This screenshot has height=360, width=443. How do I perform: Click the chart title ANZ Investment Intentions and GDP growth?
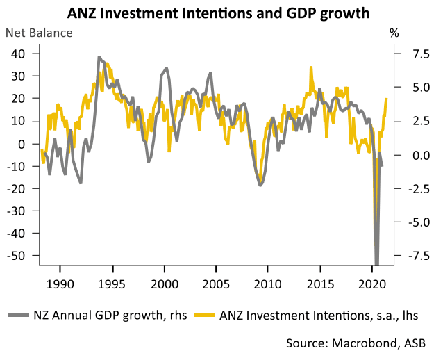pyautogui.click(x=221, y=13)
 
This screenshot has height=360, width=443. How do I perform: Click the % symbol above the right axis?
pyautogui.click(x=394, y=33)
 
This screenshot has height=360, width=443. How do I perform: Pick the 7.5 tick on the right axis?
pyautogui.click(x=412, y=54)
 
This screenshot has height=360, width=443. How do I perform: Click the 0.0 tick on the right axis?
pyautogui.click(x=412, y=155)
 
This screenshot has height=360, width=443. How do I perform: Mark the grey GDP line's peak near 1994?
pyautogui.click(x=99, y=58)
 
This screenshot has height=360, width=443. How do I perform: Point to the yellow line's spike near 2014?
pyautogui.click(x=310, y=67)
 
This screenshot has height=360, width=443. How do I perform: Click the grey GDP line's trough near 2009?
pyautogui.click(x=260, y=184)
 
